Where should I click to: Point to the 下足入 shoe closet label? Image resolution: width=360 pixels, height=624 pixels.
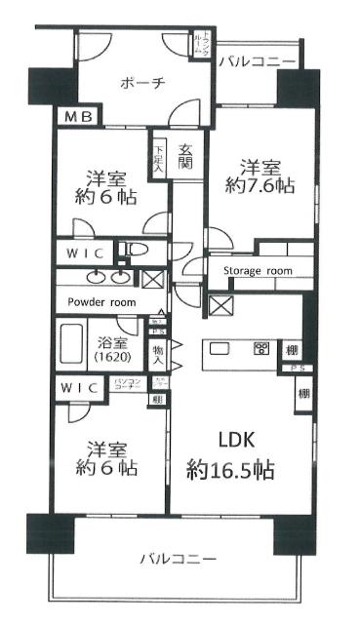[159, 159]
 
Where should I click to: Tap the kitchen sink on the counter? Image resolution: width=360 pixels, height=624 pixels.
[219, 349]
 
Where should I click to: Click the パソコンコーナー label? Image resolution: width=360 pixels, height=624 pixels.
[130, 386]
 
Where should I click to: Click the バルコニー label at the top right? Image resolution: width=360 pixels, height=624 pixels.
[257, 61]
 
